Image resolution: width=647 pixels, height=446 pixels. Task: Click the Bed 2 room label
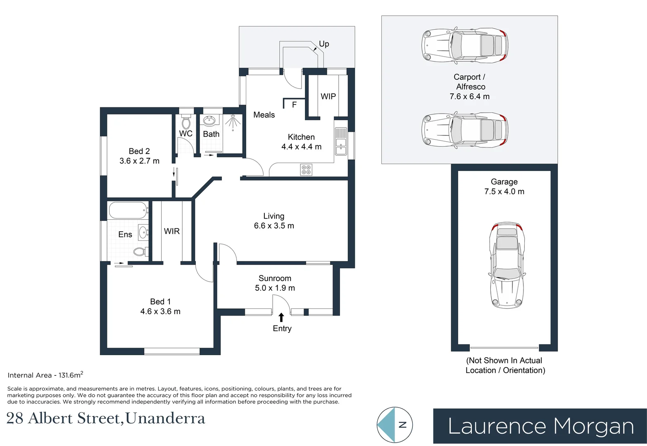(139, 151)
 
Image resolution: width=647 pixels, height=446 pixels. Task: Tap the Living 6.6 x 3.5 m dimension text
(274, 226)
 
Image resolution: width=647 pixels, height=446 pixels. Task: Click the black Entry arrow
(281, 317)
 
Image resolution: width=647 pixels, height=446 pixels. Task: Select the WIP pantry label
(328, 96)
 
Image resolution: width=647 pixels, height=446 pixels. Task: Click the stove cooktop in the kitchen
(306, 170)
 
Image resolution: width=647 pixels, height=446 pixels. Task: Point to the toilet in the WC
(186, 122)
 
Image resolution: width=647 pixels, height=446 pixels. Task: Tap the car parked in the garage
(507, 266)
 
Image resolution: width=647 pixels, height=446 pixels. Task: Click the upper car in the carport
(464, 45)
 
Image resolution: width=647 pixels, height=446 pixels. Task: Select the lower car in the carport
(464, 130)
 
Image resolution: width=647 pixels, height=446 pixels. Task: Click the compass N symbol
(402, 425)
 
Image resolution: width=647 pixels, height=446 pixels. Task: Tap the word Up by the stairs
(324, 44)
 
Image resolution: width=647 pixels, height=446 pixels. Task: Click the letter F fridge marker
(294, 105)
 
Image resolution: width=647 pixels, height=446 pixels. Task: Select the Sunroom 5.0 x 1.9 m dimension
(275, 288)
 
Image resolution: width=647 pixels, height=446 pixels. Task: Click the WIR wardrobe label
(172, 231)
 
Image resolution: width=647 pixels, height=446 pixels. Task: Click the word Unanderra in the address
(165, 419)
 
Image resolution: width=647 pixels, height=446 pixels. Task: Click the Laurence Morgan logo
(540, 426)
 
